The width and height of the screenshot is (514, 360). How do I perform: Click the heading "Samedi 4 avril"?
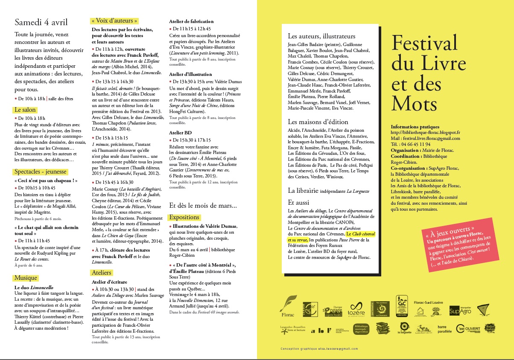(x=41, y=22)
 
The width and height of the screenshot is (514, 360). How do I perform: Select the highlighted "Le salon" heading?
(x=25, y=110)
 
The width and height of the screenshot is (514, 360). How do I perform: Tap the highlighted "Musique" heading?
(x=26, y=278)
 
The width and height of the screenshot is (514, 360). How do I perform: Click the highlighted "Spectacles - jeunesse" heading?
(x=41, y=172)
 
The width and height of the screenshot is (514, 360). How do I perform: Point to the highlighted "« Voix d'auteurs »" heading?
(x=115, y=20)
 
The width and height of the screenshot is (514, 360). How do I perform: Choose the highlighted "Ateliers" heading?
(x=101, y=273)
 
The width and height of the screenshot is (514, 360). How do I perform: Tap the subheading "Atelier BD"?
(x=181, y=133)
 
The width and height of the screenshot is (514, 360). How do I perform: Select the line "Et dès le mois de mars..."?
(x=203, y=206)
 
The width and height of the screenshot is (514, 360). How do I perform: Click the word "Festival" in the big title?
(x=424, y=43)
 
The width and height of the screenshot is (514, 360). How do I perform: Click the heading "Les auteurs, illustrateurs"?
(x=321, y=36)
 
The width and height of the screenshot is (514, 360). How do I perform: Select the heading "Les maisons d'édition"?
(x=318, y=122)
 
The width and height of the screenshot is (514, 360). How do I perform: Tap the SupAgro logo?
(x=460, y=311)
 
